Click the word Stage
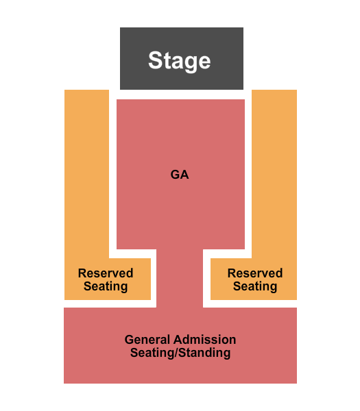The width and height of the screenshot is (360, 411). [x=180, y=61]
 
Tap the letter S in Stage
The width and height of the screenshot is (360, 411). [x=156, y=60]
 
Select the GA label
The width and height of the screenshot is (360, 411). [x=180, y=175]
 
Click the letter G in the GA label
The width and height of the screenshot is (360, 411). [x=175, y=175]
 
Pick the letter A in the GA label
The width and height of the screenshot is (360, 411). [x=184, y=175]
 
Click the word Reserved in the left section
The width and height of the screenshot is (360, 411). [x=106, y=273]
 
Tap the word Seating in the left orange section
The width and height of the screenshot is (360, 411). [x=106, y=286]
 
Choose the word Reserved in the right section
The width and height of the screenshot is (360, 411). [x=255, y=273]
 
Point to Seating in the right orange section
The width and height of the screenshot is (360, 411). [x=255, y=286]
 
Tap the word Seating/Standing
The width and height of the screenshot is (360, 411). [x=180, y=353]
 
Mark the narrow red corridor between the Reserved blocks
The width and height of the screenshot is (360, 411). [x=180, y=278]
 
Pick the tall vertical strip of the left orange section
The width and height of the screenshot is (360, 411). [x=86, y=174]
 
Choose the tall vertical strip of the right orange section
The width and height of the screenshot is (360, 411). [x=274, y=174]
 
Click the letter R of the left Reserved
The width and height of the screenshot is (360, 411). [x=82, y=273]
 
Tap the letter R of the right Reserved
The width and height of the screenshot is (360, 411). [x=232, y=273]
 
